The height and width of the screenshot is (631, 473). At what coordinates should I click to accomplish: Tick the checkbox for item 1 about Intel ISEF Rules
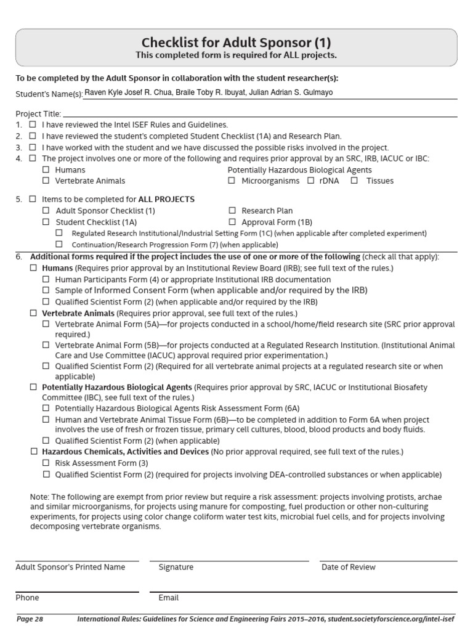pos(33,124)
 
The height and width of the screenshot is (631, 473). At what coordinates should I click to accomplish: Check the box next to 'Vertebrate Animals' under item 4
pos(46,181)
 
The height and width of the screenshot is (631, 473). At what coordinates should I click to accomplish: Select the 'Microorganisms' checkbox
pos(232,181)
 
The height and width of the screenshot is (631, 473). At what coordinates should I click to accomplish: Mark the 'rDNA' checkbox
pos(310,181)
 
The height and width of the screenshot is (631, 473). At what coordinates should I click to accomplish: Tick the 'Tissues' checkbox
pos(354,181)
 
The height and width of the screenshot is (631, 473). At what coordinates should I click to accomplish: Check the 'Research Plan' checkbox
pos(232,211)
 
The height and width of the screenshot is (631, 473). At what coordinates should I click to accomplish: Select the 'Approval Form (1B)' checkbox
pos(232,222)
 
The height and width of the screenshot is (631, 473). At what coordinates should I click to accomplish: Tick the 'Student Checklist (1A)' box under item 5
pos(46,222)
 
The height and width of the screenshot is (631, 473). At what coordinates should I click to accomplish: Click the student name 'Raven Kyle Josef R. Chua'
pos(125,93)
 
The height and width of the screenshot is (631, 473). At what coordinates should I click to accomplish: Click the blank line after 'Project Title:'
pos(259,113)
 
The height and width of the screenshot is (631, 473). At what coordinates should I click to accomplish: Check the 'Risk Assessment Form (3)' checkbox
pos(46,463)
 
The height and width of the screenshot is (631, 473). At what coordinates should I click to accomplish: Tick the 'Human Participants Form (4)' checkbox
pos(46,279)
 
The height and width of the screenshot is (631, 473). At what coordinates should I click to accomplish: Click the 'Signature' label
pos(176,567)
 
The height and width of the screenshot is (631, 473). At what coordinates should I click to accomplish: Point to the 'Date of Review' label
pos(348,567)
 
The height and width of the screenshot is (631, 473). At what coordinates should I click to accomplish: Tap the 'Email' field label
pos(168,598)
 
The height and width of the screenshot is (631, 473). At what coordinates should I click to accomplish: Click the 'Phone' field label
pos(27,598)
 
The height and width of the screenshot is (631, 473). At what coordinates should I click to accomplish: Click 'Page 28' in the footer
pos(30,618)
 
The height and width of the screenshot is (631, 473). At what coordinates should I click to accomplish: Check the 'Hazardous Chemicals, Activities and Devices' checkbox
pos(34,452)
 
